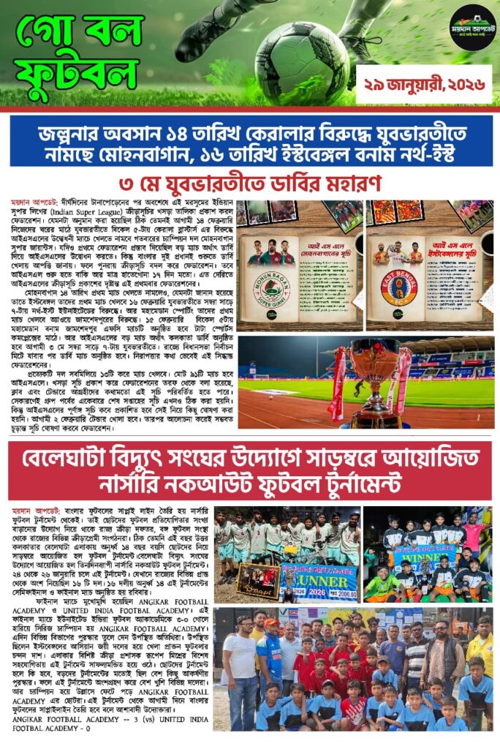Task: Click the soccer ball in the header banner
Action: (303, 53)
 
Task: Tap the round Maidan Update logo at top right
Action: (472, 28)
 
